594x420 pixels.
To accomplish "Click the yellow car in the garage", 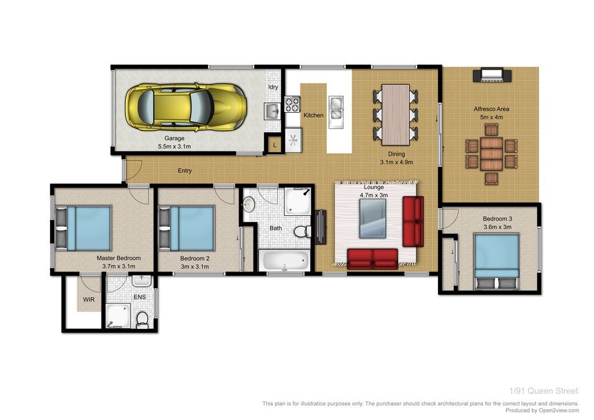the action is [186, 107].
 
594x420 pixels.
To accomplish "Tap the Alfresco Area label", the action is [491, 109].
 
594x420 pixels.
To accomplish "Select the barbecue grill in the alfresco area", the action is [492, 75].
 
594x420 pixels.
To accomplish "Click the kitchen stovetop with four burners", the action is [292, 104].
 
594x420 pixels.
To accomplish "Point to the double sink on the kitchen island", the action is [336, 108].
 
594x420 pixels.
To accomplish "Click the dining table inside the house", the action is [396, 115].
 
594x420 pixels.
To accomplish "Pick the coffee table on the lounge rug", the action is [373, 218].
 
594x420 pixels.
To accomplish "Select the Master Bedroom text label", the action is [118, 258].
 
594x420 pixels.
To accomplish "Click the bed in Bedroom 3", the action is [497, 261].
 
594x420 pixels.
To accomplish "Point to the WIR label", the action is [89, 299].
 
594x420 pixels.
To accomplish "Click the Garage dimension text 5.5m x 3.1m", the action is [174, 147].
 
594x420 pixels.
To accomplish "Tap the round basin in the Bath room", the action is [248, 205].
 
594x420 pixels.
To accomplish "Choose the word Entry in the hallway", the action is [185, 171].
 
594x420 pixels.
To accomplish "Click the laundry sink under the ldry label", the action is [272, 111].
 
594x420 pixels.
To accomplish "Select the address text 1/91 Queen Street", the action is [544, 391].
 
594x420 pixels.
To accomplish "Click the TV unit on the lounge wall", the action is [320, 226].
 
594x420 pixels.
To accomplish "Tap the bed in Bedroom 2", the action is [186, 229].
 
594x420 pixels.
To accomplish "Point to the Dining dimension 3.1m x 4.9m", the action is [397, 162].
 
